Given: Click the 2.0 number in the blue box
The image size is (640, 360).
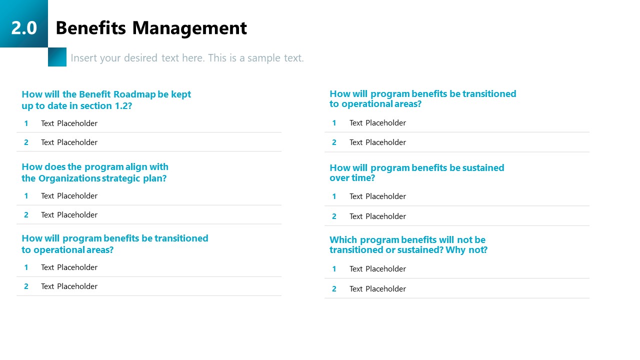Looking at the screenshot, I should (24, 27).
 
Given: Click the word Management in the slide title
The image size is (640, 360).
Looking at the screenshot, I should (189, 28).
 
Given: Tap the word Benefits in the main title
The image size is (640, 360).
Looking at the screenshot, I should (90, 28).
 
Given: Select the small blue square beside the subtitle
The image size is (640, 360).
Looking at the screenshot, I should (57, 57).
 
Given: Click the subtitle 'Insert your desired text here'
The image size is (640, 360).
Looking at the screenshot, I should (187, 58).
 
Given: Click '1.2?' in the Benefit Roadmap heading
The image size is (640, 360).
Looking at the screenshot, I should (122, 105).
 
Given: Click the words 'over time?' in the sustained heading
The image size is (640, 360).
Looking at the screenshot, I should (352, 178).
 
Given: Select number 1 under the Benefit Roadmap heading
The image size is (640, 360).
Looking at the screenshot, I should (26, 123).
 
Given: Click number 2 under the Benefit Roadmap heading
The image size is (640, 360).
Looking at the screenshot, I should (26, 142).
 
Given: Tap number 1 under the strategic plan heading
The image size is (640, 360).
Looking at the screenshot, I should (26, 195).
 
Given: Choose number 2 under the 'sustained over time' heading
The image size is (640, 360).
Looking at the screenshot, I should (334, 216).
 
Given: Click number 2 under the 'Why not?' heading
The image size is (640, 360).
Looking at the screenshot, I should (334, 288).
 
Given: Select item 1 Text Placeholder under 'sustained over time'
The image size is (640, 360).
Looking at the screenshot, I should (377, 196).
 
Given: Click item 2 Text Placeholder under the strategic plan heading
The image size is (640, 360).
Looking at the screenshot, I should (69, 214).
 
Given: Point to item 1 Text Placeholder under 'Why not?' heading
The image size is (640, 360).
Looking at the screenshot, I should (377, 269).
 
